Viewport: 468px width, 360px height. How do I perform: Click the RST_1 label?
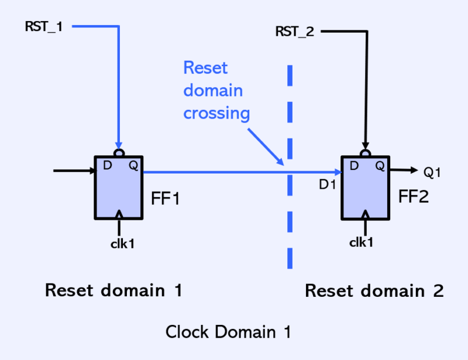tap(44, 27)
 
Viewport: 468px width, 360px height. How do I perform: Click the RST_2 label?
tap(295, 31)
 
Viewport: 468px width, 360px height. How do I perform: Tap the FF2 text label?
tap(414, 196)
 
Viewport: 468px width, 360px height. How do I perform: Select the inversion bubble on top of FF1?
tap(119, 153)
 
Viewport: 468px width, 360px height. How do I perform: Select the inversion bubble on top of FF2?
tap(366, 153)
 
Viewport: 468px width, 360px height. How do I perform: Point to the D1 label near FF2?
tap(327, 185)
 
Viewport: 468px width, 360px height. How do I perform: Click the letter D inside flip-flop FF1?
tap(107, 166)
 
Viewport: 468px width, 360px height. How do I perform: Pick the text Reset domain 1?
tap(113, 290)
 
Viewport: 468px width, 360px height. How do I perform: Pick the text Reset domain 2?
tap(374, 290)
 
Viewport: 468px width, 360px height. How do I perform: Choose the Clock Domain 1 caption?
tap(228, 332)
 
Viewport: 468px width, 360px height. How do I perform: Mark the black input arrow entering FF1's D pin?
tap(73, 171)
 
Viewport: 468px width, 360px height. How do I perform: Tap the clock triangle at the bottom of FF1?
tap(119, 214)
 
